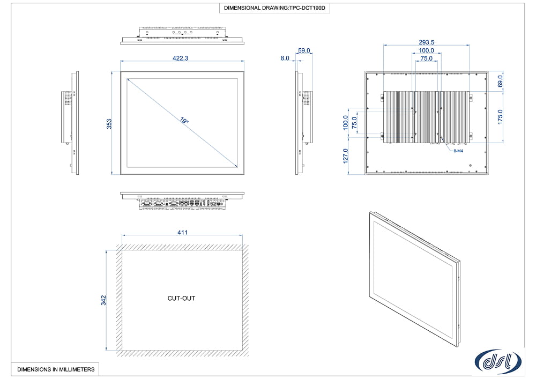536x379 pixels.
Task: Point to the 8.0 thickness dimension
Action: coord(285,58)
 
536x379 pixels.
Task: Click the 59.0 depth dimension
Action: coord(304,50)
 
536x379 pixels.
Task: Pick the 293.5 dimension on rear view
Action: coord(427,42)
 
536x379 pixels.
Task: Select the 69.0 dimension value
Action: coord(501,81)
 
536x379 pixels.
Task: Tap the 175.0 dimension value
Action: coord(501,116)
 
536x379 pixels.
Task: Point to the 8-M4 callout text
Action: coord(458,151)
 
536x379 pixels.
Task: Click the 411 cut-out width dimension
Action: coord(183,232)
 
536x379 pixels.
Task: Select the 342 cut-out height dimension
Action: coord(103,300)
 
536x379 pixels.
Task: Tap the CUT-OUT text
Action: coord(181,298)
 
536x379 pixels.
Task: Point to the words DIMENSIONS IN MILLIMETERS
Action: coord(56,369)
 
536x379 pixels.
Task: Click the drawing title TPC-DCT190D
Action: coord(274,9)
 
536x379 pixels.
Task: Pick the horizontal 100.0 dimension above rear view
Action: coord(427,51)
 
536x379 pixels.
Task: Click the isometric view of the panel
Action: coord(415,279)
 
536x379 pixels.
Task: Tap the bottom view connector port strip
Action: coord(182,204)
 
